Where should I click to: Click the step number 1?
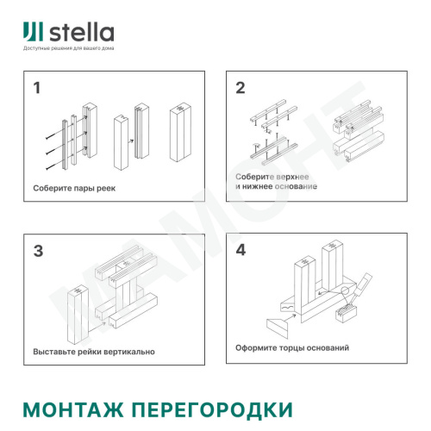37,89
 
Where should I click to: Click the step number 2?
240,88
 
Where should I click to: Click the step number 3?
38,252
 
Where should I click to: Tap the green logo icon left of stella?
34,32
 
